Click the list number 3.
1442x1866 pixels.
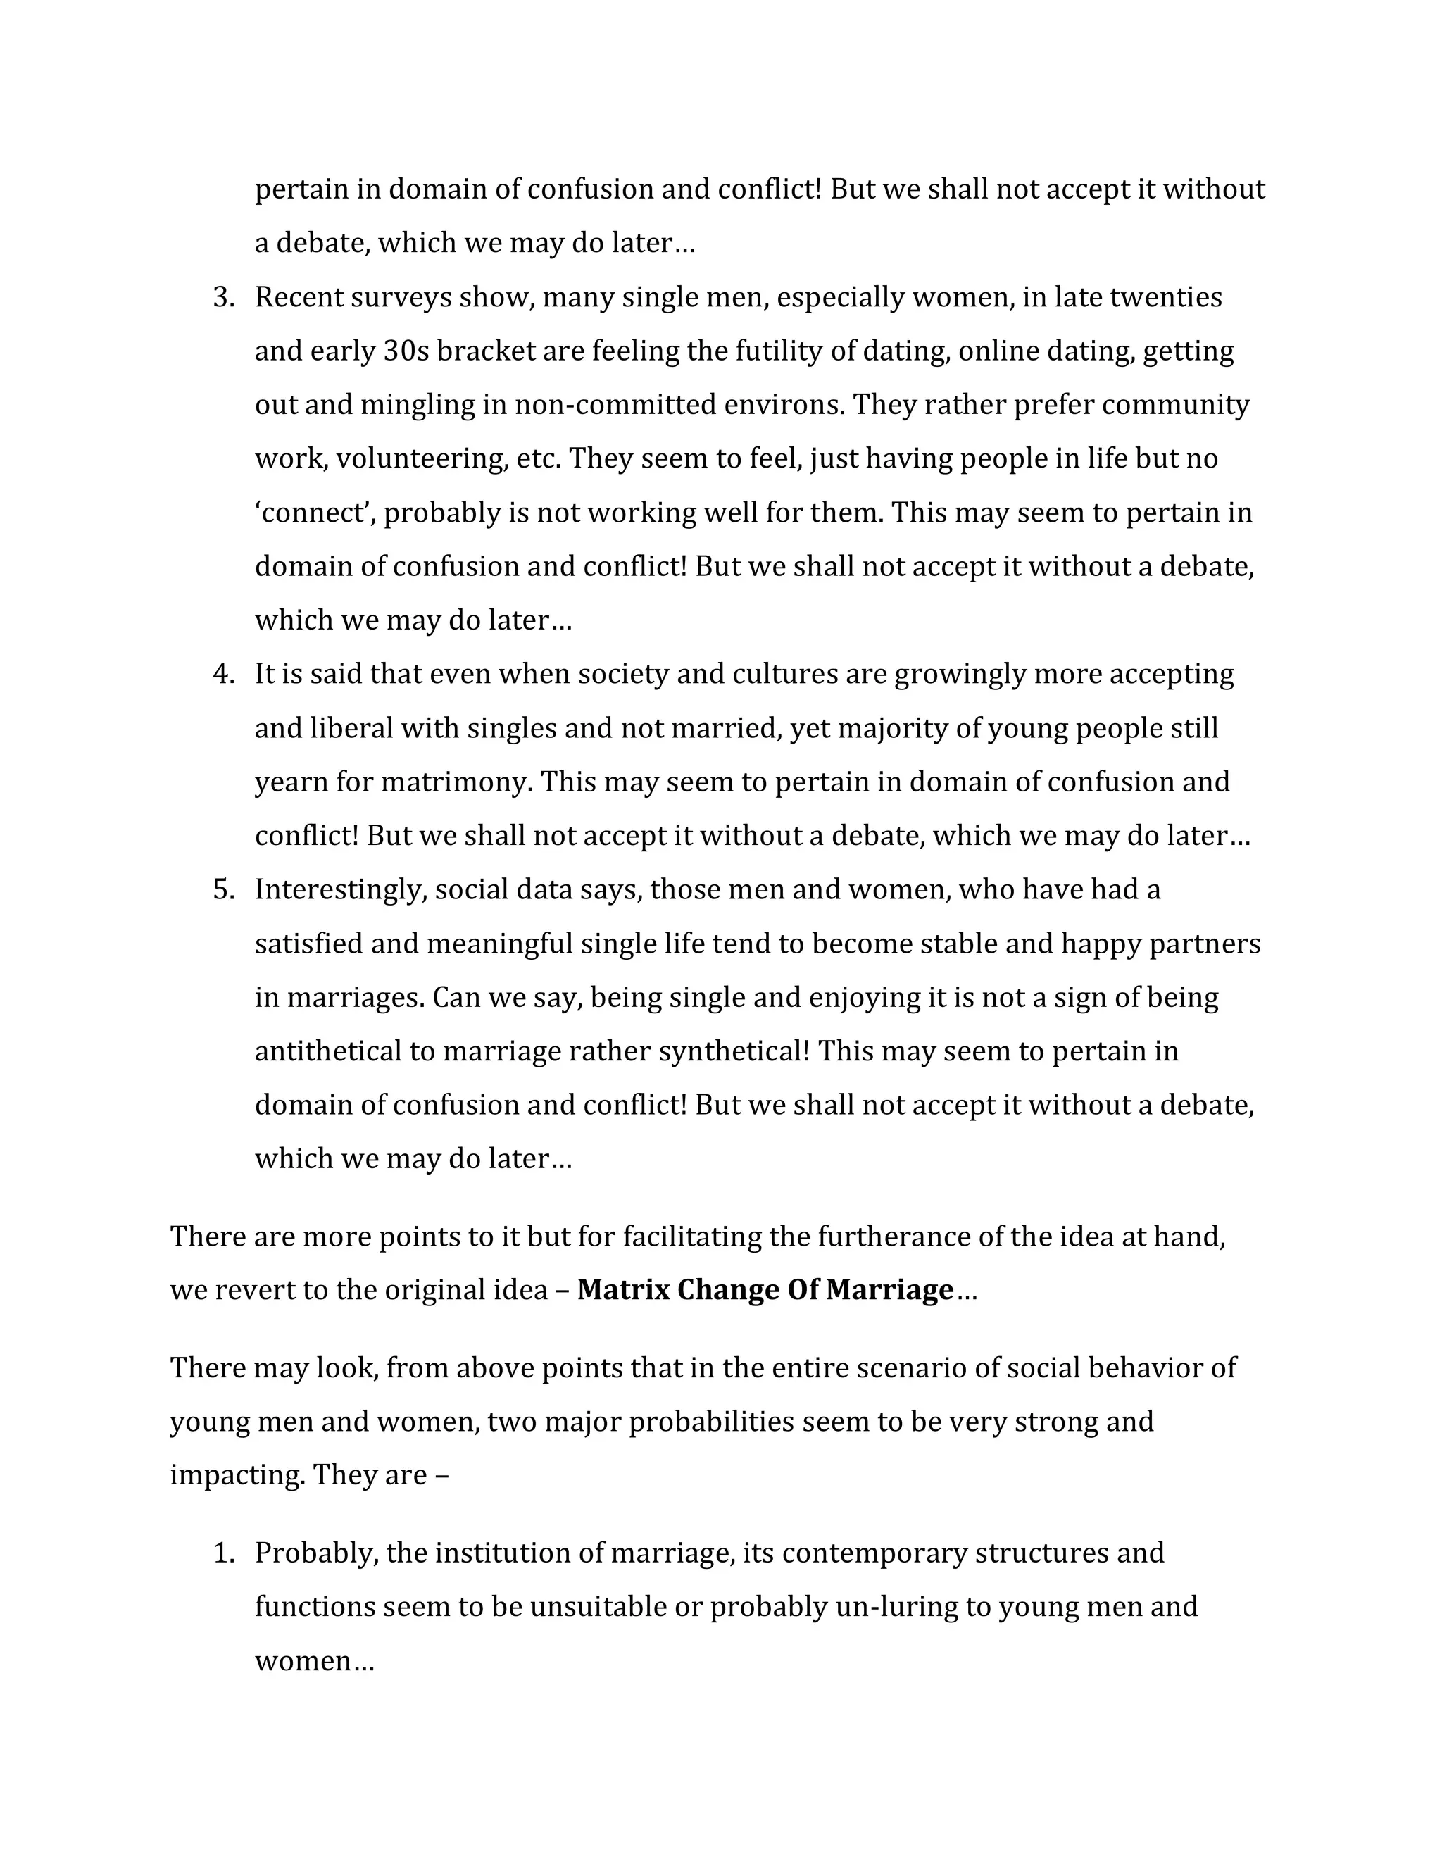pos(223,298)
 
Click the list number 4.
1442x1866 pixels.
pos(223,675)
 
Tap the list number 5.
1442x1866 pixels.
pos(223,890)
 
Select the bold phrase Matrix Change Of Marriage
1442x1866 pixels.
pos(765,1289)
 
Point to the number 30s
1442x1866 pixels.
pos(406,352)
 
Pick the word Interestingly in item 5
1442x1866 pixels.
pos(340,890)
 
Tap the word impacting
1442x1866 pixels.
pos(237,1475)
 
